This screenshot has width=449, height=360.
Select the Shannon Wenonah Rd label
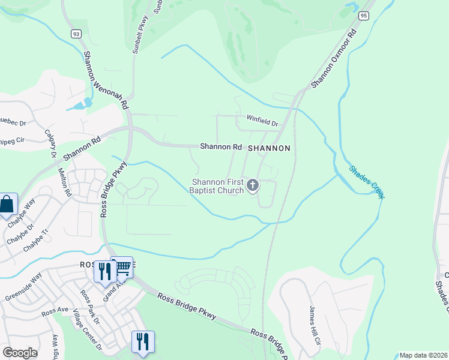tap(106, 79)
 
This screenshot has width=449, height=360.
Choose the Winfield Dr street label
tap(262, 123)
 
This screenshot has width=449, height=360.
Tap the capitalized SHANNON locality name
tap(269, 148)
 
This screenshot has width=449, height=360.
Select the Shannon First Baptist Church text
tap(218, 186)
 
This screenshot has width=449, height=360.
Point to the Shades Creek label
tap(366, 182)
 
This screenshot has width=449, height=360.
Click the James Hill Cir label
tap(314, 325)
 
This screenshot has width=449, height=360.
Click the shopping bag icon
tap(7, 204)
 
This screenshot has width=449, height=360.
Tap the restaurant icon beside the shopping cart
tap(106, 271)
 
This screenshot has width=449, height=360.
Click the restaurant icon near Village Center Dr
tap(143, 341)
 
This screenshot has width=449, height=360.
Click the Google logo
tap(20, 353)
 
